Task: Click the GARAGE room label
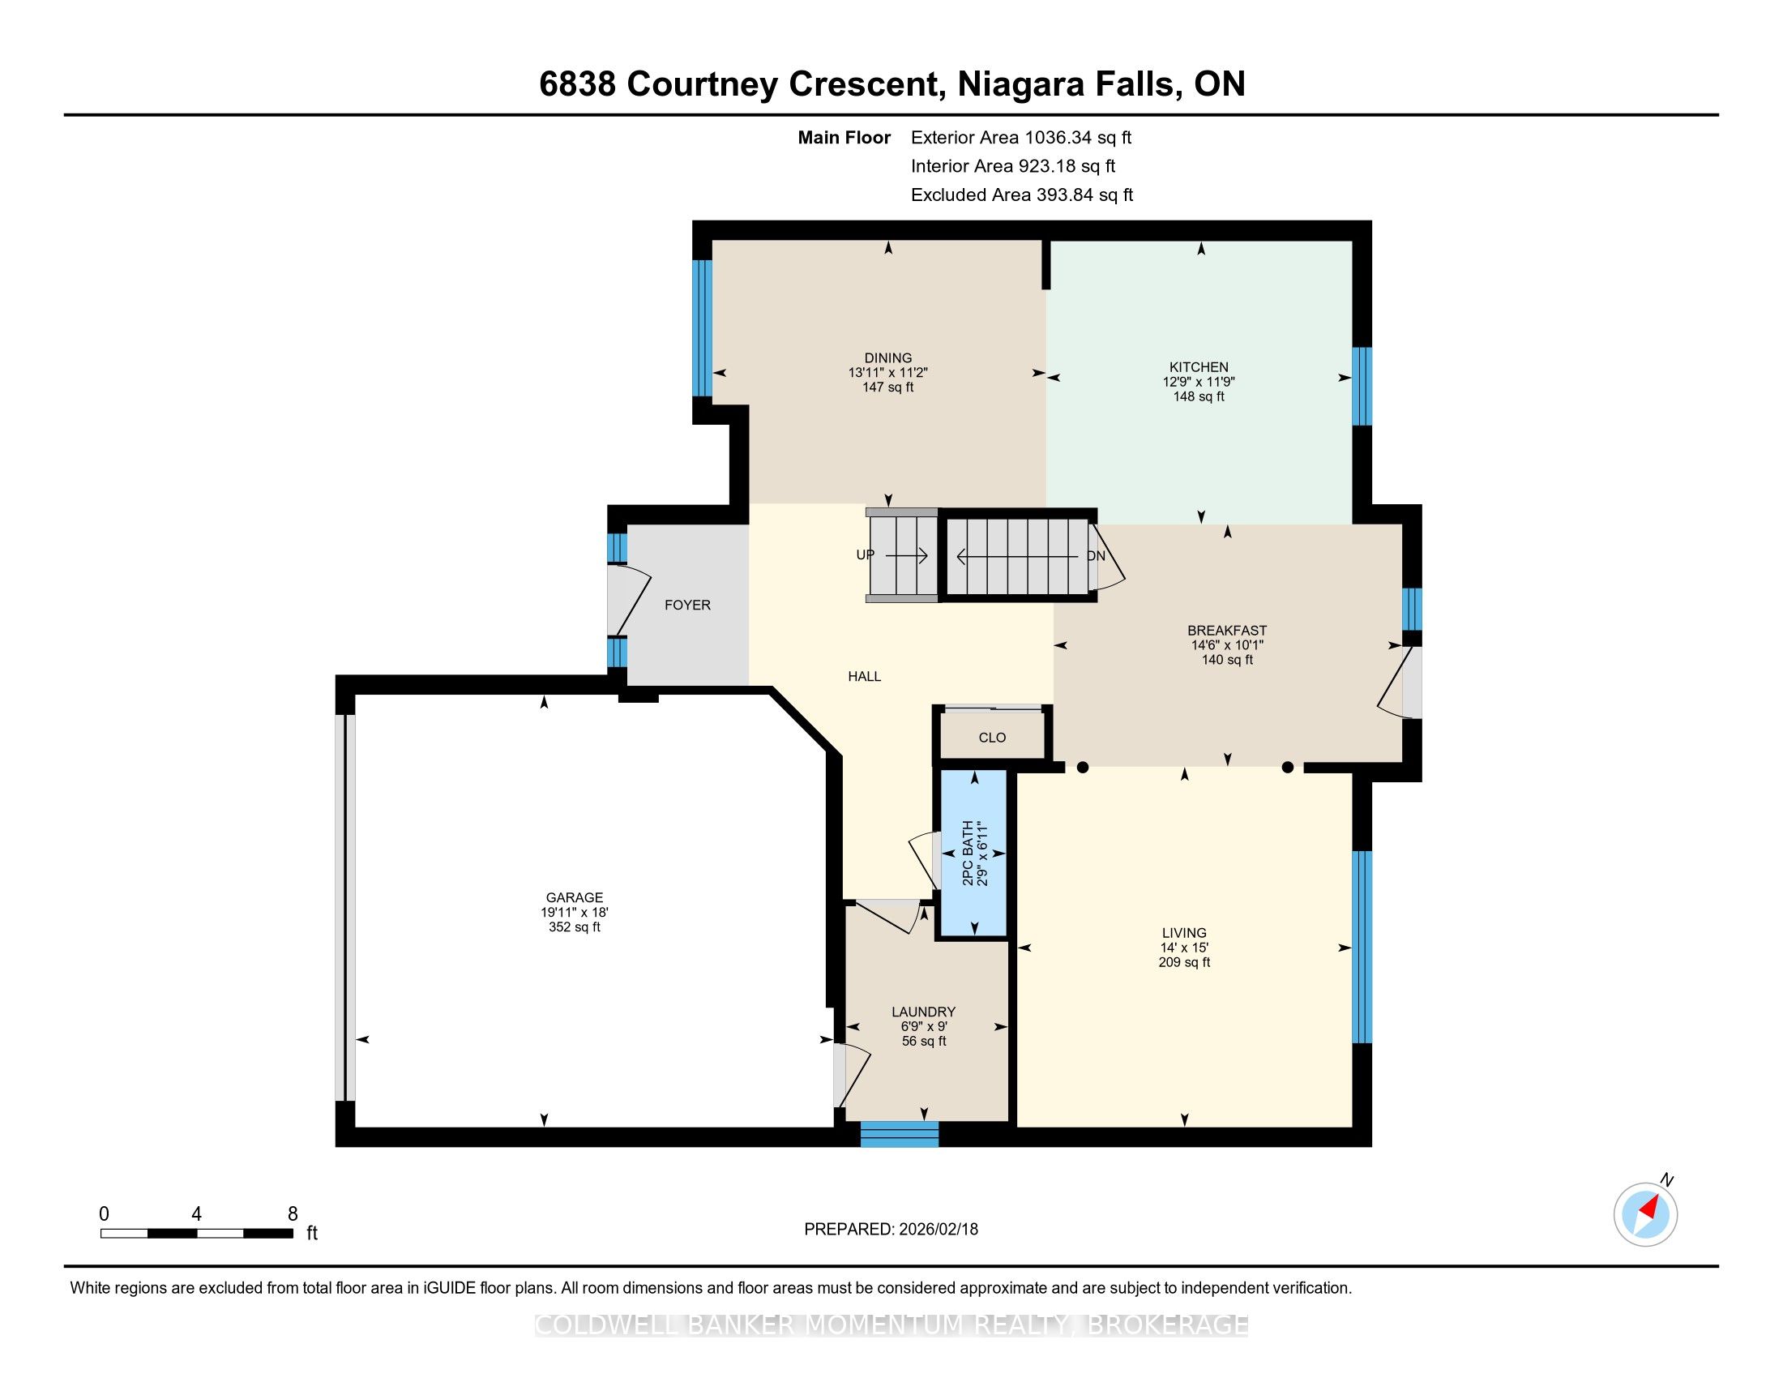(x=575, y=897)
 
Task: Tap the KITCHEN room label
(x=1199, y=367)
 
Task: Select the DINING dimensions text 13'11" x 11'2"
(x=888, y=372)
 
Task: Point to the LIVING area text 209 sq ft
(x=1184, y=962)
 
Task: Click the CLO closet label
(x=992, y=737)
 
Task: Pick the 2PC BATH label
(x=968, y=853)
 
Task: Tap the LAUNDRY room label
(x=923, y=1012)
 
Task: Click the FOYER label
(x=687, y=605)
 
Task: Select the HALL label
(x=865, y=676)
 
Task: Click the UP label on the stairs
(x=866, y=555)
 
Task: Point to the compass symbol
(x=1646, y=1215)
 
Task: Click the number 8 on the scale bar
(x=293, y=1214)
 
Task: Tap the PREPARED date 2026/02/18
(x=938, y=1230)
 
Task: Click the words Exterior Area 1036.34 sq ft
(x=1021, y=137)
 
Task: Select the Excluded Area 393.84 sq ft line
(x=1022, y=195)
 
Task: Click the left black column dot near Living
(x=1083, y=768)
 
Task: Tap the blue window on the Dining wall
(x=702, y=328)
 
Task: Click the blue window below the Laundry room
(x=900, y=1135)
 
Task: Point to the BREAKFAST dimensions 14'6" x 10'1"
(x=1227, y=645)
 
